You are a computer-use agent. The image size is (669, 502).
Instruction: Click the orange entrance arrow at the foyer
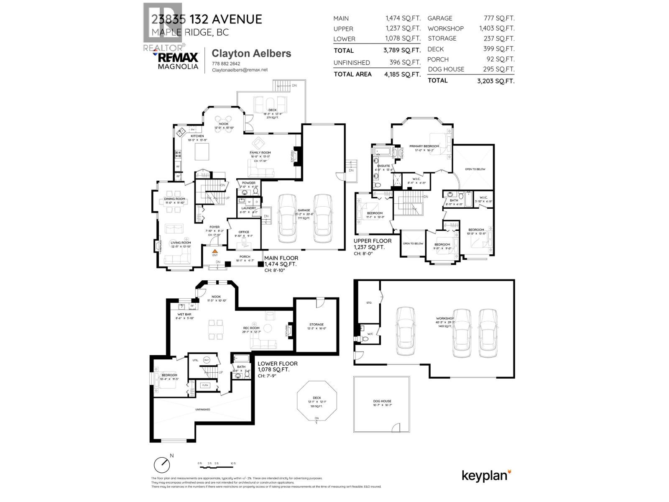coord(215,250)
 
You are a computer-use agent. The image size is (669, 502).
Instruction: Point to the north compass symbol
coord(162,465)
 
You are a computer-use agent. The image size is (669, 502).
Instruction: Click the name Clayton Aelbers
coord(251,54)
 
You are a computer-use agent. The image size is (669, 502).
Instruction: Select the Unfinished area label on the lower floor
coord(202,410)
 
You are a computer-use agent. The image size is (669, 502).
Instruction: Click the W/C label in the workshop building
coord(370,334)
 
